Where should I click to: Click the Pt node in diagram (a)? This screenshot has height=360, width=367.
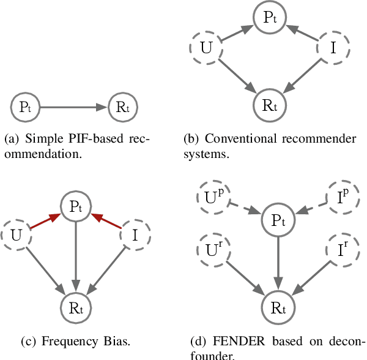click(x=25, y=108)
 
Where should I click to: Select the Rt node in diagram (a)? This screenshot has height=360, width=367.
click(x=123, y=108)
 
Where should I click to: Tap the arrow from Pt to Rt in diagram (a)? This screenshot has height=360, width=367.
click(x=73, y=108)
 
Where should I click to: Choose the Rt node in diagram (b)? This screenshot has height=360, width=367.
click(x=270, y=104)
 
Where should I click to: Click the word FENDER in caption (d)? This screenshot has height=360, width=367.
click(x=232, y=341)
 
